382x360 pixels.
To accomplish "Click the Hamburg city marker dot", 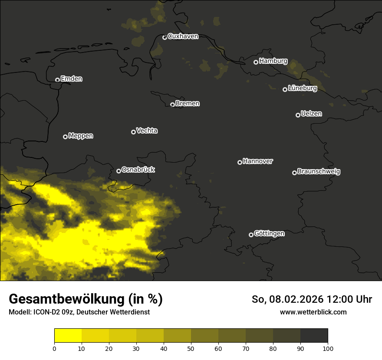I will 256,62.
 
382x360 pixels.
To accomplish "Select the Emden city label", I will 71,79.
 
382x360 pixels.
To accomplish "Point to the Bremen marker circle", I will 172,105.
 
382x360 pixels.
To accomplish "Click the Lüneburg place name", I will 302,88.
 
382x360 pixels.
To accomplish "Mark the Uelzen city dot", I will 298,115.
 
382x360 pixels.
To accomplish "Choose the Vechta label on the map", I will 147,131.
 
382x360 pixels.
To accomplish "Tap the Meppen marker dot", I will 65,137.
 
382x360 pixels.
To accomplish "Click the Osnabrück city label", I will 138,170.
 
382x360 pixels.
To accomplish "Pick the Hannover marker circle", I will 240,162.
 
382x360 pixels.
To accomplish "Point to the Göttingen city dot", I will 251,235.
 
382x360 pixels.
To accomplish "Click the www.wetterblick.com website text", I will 313,312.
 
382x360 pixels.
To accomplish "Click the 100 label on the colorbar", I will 328,348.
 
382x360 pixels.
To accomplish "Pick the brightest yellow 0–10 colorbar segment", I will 68,336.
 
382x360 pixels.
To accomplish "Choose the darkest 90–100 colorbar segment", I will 314,336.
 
